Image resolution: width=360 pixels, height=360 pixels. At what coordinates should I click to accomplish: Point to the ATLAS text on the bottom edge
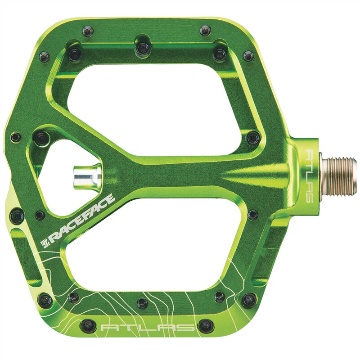148,327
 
